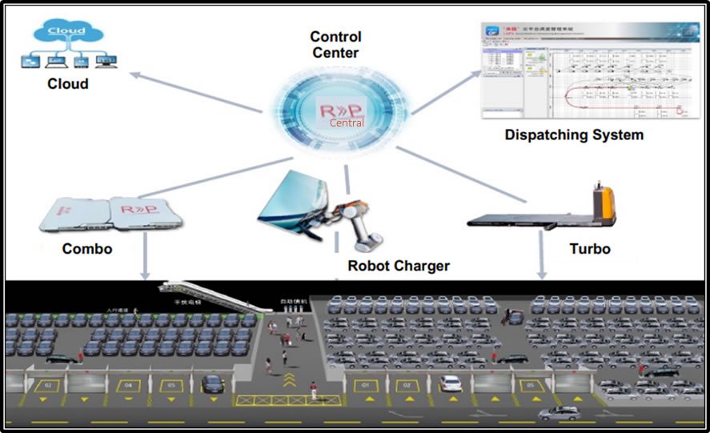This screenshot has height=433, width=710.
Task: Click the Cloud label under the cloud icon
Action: click(x=67, y=84)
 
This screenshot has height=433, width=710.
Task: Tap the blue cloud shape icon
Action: click(x=66, y=33)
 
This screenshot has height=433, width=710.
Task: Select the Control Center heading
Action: click(x=335, y=45)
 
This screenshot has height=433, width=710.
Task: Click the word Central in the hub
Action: click(x=347, y=122)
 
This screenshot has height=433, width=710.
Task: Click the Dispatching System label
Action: click(x=574, y=135)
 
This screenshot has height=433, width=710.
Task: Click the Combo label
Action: click(x=87, y=249)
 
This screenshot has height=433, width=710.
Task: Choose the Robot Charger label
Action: click(x=398, y=266)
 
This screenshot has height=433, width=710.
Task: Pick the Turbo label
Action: click(x=590, y=249)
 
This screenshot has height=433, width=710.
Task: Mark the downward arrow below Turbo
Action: click(x=543, y=260)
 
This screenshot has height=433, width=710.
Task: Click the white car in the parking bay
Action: click(x=451, y=383)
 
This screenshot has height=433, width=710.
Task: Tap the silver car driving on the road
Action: click(x=559, y=414)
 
